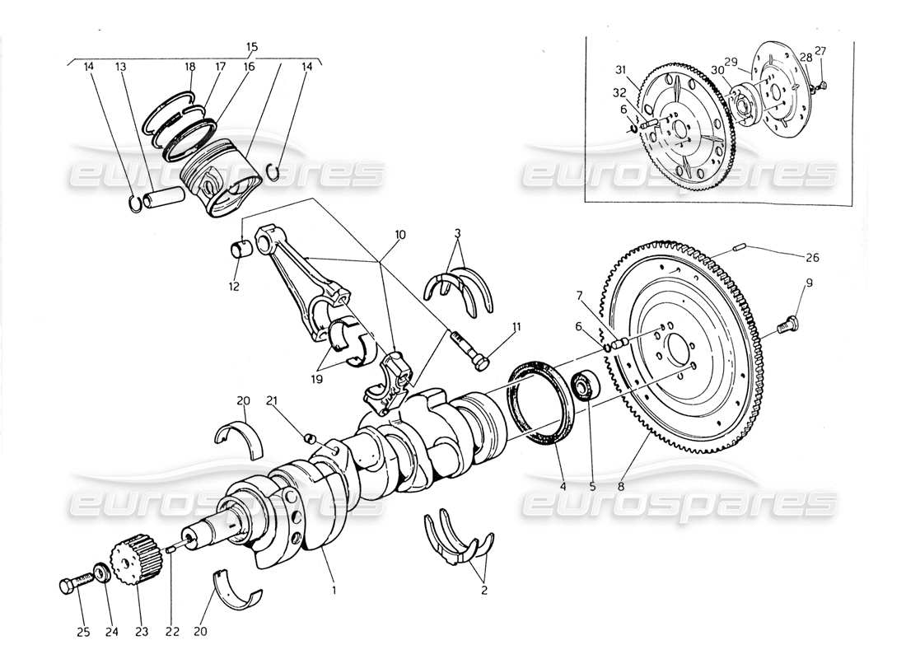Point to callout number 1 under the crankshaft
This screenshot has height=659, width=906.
334,589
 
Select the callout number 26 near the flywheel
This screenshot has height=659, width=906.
813,257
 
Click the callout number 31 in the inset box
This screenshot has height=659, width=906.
620,69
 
